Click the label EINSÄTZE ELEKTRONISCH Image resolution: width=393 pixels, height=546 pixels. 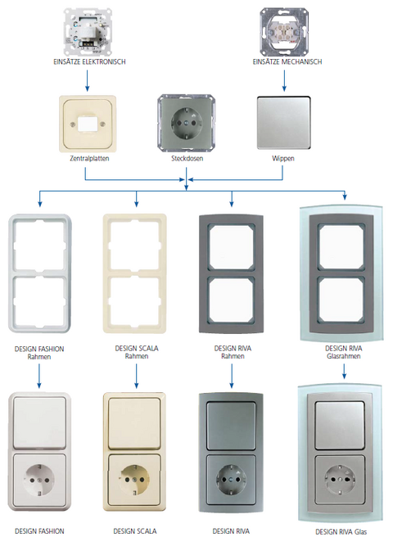pyautogui.click(x=89, y=62)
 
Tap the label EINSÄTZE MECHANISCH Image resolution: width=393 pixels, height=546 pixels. pyautogui.click(x=287, y=62)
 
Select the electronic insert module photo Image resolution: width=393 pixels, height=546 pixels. pyautogui.click(x=88, y=33)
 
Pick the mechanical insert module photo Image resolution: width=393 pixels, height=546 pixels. pyautogui.click(x=284, y=33)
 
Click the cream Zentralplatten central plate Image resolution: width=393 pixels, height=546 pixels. pyautogui.click(x=88, y=124)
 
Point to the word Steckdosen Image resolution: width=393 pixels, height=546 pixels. pyautogui.click(x=187, y=159)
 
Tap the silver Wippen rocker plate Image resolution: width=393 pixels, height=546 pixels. pyautogui.click(x=283, y=124)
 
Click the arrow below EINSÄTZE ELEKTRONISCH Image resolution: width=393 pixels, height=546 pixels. pyautogui.click(x=87, y=81)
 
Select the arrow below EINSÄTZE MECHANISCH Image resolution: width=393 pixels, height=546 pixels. pyautogui.click(x=284, y=81)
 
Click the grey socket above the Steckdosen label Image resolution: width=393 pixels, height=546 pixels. pyautogui.click(x=186, y=123)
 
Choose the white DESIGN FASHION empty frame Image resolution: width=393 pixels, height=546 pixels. pyautogui.click(x=11, y=273)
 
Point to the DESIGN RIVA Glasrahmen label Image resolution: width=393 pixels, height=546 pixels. pyautogui.click(x=344, y=352)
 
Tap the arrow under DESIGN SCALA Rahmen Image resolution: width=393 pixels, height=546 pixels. pyautogui.click(x=136, y=376)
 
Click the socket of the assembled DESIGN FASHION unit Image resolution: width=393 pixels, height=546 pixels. pyautogui.click(x=39, y=480)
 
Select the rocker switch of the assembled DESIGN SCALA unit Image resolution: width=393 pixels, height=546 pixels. pyautogui.click(x=134, y=424)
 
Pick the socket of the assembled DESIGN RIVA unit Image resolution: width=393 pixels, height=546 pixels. pyautogui.click(x=231, y=481)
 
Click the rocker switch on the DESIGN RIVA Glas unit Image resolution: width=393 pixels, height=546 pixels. pyautogui.click(x=340, y=425)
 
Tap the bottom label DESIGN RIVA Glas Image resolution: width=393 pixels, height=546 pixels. pyautogui.click(x=341, y=532)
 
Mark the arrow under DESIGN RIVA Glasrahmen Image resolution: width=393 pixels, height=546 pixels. pyautogui.click(x=344, y=372)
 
